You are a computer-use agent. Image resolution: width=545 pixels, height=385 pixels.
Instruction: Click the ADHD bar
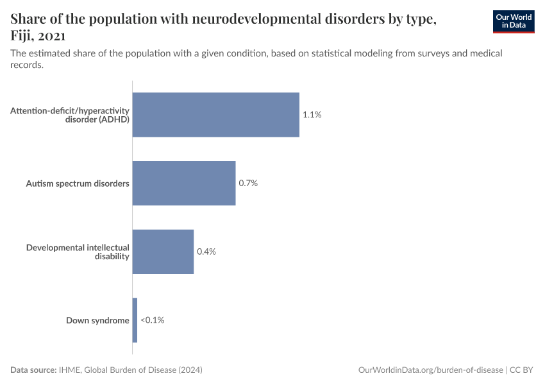[x=215, y=115]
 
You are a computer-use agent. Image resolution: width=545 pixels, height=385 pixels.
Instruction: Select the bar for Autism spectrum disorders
[x=184, y=184]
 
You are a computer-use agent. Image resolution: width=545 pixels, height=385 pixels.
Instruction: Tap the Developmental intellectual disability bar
[x=163, y=252]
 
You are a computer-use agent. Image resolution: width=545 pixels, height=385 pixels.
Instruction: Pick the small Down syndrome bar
[x=135, y=320]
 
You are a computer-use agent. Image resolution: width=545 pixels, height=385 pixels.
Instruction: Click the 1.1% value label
[x=312, y=115]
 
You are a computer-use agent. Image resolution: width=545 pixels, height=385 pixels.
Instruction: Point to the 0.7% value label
[x=248, y=184]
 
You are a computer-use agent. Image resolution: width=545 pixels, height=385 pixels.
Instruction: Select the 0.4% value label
[x=206, y=252]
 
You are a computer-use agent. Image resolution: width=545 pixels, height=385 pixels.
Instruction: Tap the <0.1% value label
[x=153, y=320]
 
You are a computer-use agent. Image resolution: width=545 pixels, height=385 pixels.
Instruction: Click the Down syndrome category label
[x=97, y=320]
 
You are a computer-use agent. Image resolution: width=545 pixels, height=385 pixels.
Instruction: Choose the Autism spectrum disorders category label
[x=78, y=184]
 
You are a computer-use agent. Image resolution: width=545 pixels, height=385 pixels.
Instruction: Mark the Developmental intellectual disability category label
[x=78, y=252]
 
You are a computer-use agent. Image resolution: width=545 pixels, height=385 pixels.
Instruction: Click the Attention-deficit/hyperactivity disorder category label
[x=70, y=115]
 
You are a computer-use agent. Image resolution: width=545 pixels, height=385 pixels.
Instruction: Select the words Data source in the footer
[x=33, y=370]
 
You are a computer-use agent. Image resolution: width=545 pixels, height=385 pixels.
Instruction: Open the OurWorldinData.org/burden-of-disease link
[x=430, y=370]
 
